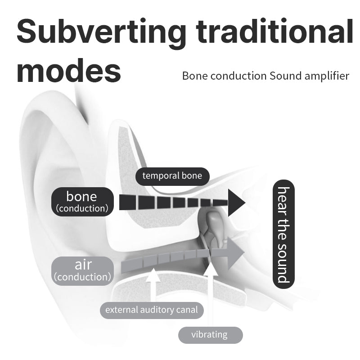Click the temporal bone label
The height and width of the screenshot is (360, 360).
pos(172,175)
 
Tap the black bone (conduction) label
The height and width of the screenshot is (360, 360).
pos(81,202)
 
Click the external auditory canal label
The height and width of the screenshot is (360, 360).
pos(151,310)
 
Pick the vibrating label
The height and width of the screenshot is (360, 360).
pos(209,335)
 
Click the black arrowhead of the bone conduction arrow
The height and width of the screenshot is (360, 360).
pos(236,202)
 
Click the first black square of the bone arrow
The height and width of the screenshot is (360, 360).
pos(128,202)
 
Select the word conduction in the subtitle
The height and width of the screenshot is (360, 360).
pos(238,76)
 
